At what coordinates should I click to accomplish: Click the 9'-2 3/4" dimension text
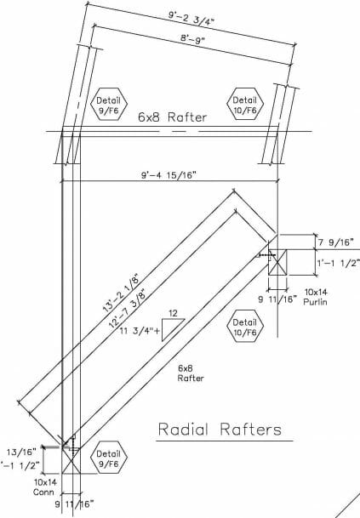click(191, 18)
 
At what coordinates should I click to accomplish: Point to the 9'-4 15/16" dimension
click(169, 174)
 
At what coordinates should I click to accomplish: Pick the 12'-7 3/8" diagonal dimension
click(128, 309)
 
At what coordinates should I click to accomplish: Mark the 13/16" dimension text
click(20, 451)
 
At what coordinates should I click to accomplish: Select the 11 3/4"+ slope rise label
click(140, 331)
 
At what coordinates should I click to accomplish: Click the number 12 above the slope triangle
click(173, 313)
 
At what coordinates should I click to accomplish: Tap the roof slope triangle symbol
click(173, 329)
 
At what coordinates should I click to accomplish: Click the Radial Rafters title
click(220, 430)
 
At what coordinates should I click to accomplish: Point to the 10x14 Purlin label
click(316, 297)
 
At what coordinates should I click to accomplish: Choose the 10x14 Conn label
click(45, 487)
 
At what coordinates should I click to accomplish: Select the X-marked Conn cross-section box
click(71, 460)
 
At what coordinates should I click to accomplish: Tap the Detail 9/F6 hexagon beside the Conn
click(108, 458)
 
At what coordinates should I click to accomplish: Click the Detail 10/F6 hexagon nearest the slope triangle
click(244, 327)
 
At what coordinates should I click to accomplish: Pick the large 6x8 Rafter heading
click(172, 117)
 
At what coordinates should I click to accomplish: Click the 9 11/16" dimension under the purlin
click(277, 299)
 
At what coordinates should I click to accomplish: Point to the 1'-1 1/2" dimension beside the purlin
click(338, 263)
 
